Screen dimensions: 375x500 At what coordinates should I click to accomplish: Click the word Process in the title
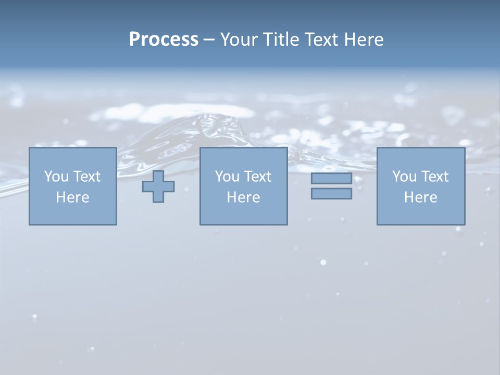click(x=164, y=40)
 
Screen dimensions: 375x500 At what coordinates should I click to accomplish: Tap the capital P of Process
click(x=134, y=40)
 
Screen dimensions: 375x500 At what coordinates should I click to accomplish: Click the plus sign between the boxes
click(x=158, y=186)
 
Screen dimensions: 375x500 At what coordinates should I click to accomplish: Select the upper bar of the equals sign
click(x=331, y=179)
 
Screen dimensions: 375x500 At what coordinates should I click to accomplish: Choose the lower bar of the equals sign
click(x=331, y=194)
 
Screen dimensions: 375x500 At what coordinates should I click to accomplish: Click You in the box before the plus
click(x=56, y=177)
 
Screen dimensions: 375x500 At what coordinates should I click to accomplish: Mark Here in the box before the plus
click(x=72, y=197)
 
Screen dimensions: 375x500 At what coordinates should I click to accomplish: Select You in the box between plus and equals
click(x=227, y=177)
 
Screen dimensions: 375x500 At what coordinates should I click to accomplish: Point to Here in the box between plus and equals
click(x=243, y=197)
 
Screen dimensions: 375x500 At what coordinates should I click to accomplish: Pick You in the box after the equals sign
click(x=404, y=177)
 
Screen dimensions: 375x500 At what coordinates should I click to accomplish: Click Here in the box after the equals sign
click(x=420, y=197)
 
